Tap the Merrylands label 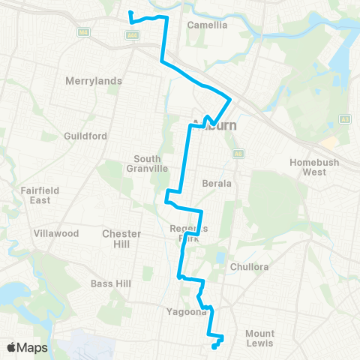click(94, 80)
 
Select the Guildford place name click(86, 136)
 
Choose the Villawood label click(56, 233)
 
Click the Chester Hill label click(121, 238)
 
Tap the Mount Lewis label click(259, 338)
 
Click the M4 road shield click(84, 31)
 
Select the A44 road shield click(132, 34)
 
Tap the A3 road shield click(346, 118)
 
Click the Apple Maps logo click(26, 347)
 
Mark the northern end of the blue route click(130, 13)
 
